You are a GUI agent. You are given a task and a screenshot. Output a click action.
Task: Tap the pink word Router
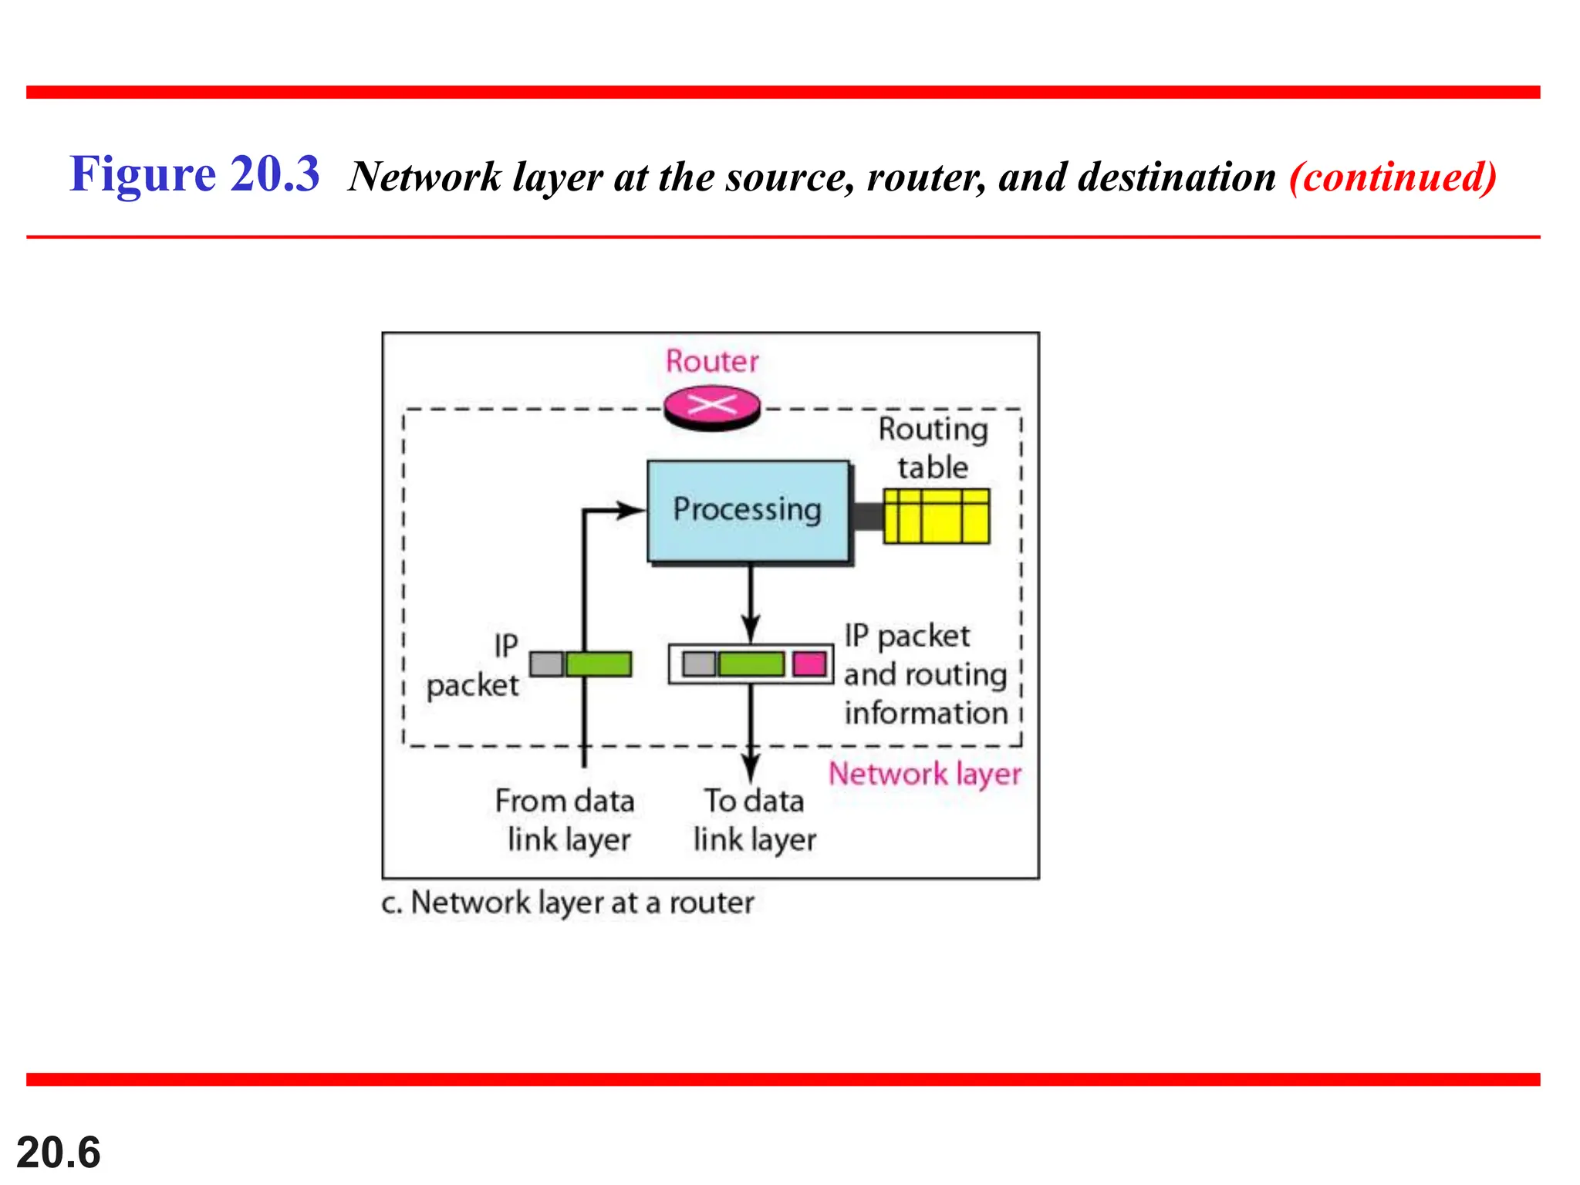712,361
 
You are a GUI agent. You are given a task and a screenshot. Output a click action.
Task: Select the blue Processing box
748,511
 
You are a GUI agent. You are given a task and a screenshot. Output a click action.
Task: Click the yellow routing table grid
936,516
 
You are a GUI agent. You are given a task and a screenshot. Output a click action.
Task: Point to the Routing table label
933,448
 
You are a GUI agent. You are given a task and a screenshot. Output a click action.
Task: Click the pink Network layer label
924,774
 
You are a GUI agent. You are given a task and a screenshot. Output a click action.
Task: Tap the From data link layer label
565,820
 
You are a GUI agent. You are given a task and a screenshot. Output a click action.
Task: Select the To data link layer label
754,820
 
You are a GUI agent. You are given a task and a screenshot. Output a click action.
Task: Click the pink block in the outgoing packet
809,663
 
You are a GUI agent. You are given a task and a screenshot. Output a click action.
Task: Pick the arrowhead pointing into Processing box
632,510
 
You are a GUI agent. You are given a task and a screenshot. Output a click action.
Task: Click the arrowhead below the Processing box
751,626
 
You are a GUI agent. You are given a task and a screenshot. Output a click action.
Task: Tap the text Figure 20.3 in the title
194,174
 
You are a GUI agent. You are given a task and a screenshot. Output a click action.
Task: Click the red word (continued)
1393,177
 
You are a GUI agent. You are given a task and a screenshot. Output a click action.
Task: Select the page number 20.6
59,1153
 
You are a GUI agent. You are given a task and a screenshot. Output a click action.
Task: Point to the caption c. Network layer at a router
568,903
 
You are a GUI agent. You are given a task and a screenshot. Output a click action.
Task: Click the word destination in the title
1177,177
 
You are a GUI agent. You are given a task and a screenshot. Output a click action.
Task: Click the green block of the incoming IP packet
599,664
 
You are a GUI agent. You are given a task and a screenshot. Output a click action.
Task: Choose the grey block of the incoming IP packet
546,664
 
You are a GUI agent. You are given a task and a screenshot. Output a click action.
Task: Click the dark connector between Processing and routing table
867,516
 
